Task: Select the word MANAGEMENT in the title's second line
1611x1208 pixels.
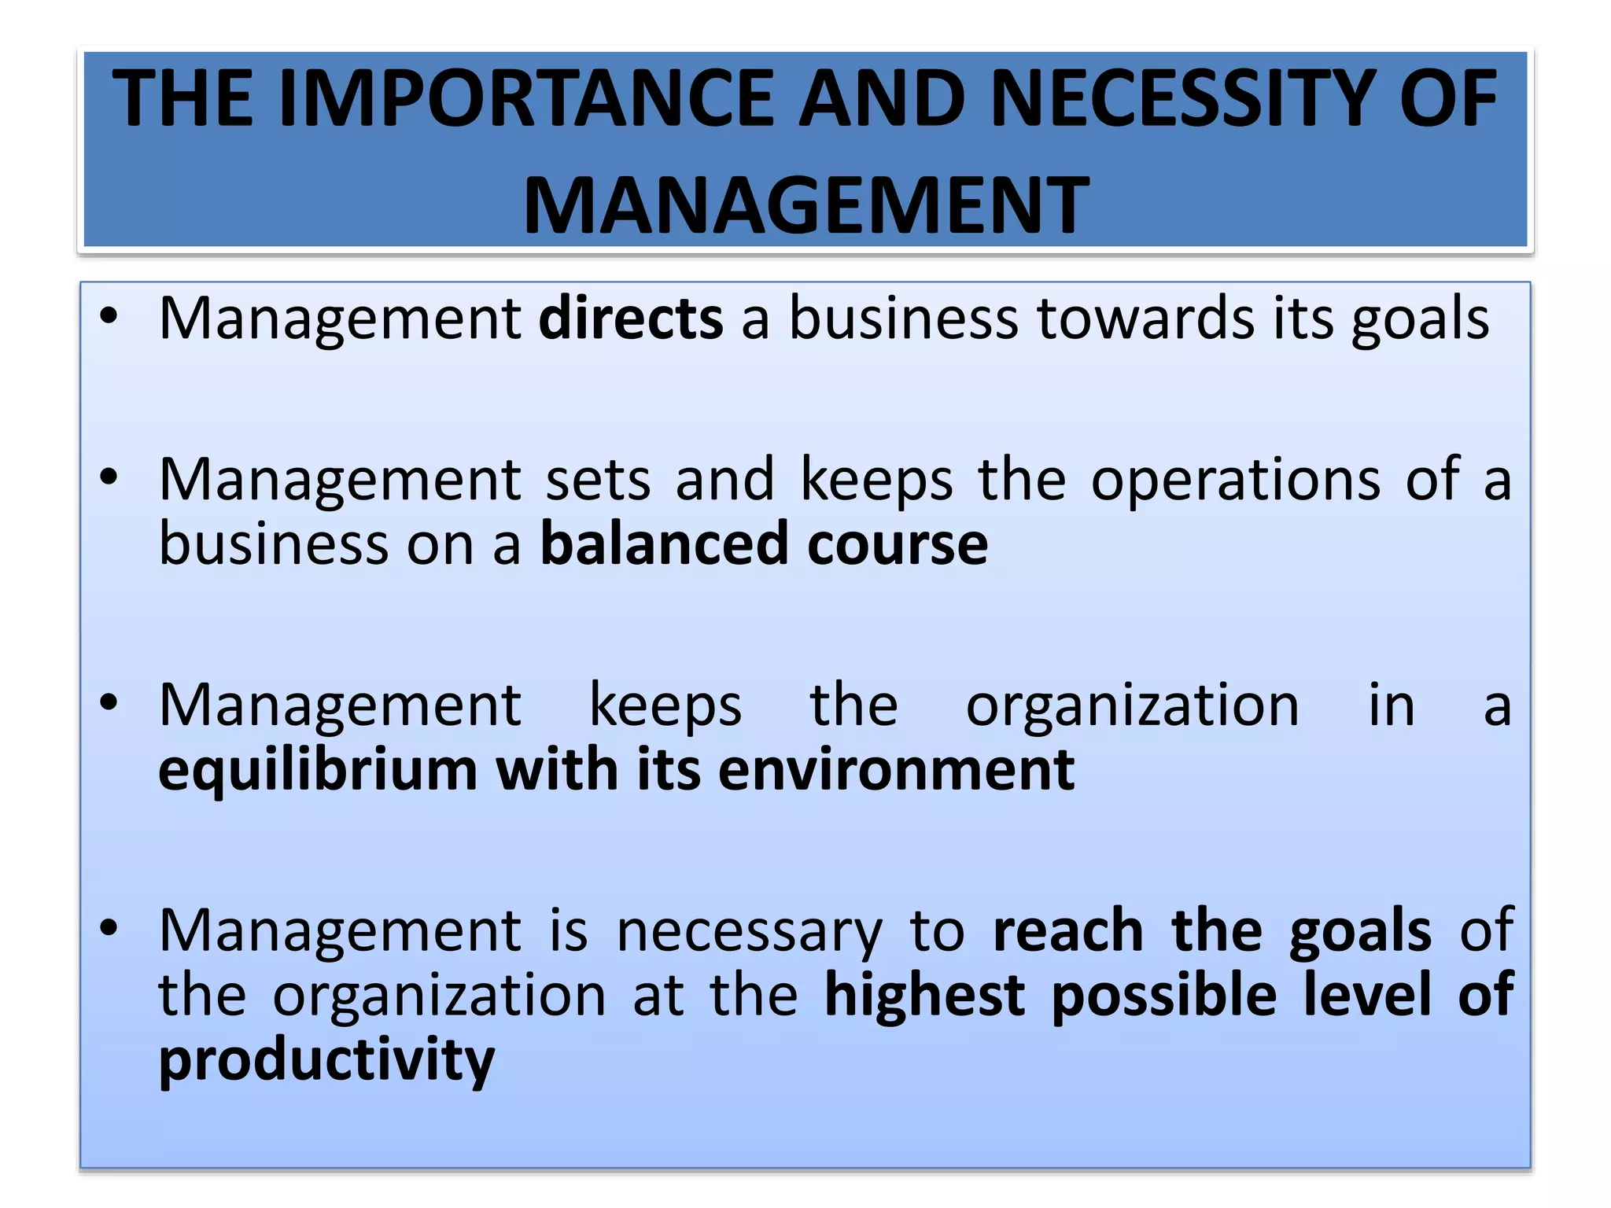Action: click(x=806, y=206)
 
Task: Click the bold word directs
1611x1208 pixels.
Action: click(x=631, y=318)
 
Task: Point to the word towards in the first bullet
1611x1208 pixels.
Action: click(x=1145, y=318)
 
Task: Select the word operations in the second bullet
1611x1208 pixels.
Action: click(x=1235, y=479)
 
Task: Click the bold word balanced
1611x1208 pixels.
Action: click(x=664, y=543)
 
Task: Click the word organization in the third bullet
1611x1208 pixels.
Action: click(x=1133, y=705)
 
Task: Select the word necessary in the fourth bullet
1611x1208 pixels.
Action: click(x=750, y=931)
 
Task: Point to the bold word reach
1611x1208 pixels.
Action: click(x=1068, y=930)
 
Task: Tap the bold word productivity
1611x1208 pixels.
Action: click(x=326, y=1060)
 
